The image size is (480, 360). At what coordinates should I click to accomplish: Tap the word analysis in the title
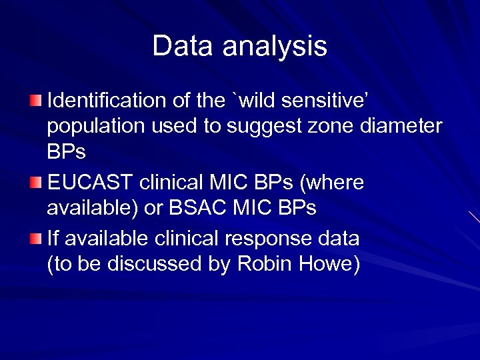[x=275, y=47]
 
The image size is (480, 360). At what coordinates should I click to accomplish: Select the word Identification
[x=107, y=101]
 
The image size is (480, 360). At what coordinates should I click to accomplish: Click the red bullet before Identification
[x=36, y=101]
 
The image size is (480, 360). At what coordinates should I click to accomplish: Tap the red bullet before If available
[x=36, y=239]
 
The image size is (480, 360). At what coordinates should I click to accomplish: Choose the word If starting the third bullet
[x=54, y=238]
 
